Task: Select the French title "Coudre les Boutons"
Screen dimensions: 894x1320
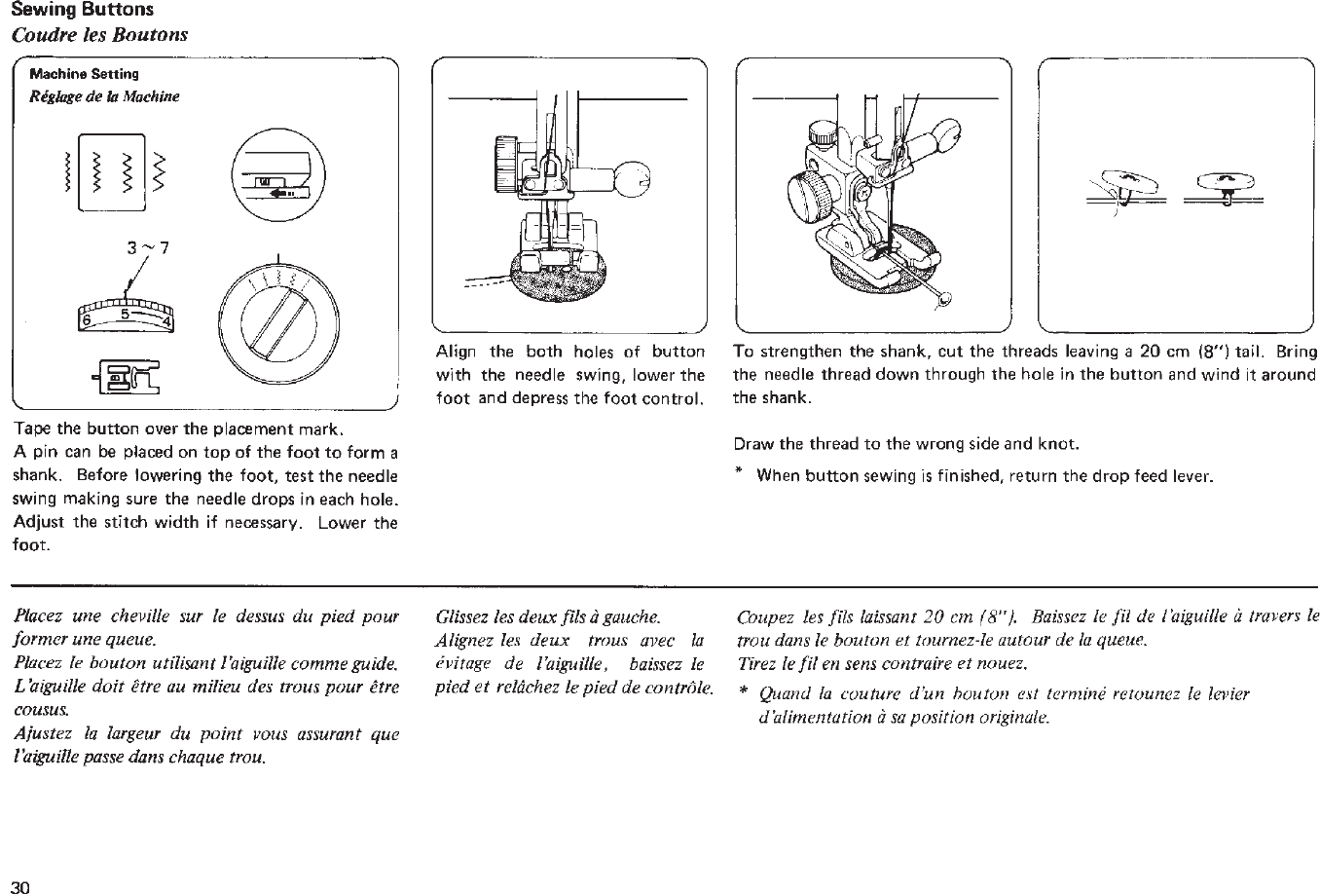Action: tap(99, 35)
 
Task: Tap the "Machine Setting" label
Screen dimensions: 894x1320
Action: tap(84, 74)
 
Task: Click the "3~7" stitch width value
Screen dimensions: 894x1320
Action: tap(149, 246)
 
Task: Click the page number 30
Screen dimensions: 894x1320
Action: tap(21, 885)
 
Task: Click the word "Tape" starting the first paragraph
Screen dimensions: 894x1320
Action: tap(32, 430)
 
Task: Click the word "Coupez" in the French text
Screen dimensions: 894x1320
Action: tap(765, 616)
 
